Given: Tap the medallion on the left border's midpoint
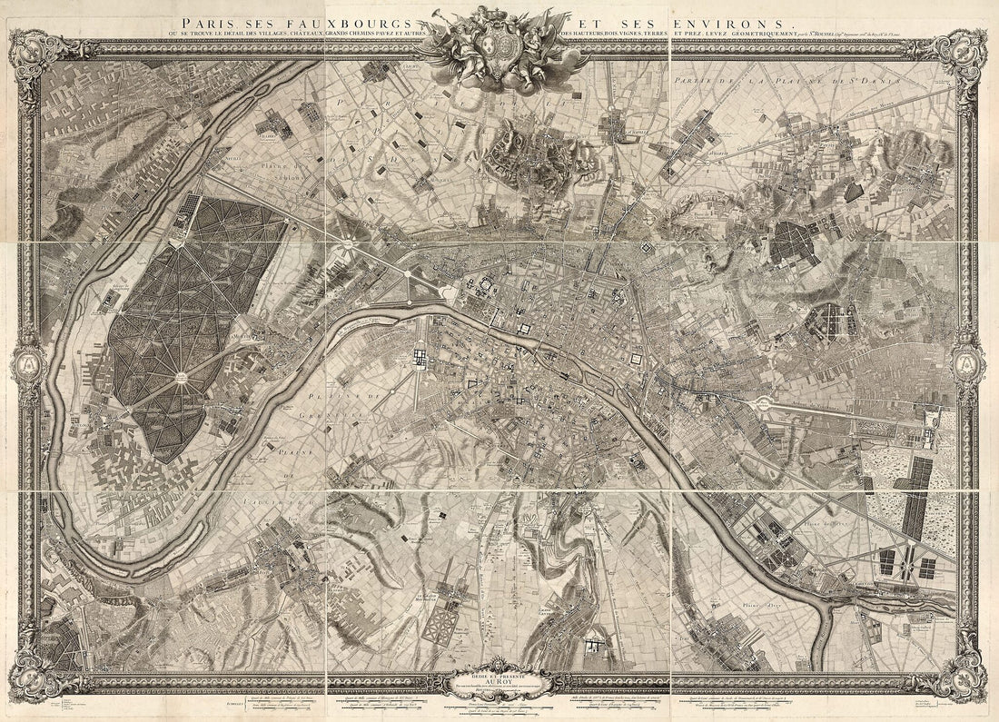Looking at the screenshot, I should coord(27,363).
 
